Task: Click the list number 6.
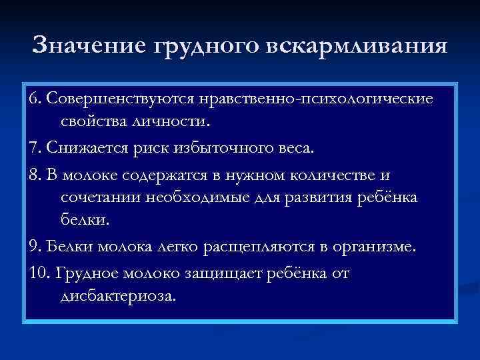click(34, 99)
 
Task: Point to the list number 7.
click(34, 147)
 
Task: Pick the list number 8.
click(34, 175)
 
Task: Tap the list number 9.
click(34, 247)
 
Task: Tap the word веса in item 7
click(291, 147)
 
